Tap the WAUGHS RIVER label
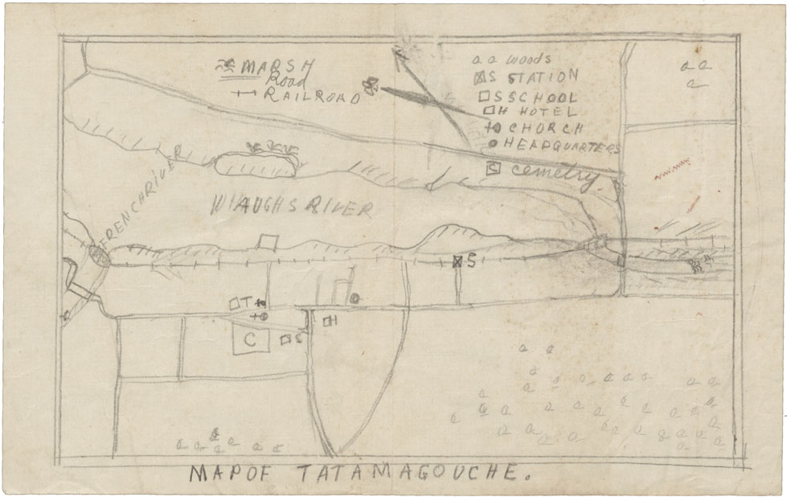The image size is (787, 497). click(x=291, y=207)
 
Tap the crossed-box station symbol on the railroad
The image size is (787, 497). click(x=457, y=261)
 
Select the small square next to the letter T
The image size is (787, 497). click(x=233, y=304)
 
